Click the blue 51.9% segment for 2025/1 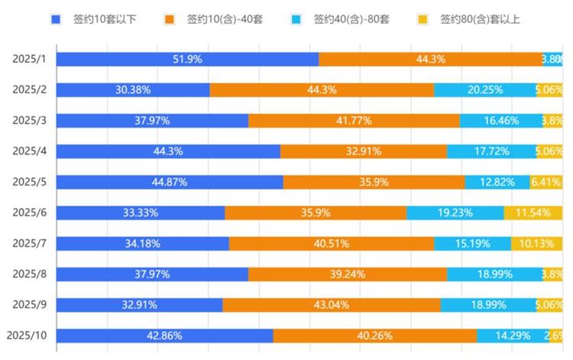pos(187,60)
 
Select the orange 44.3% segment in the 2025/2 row pos(322,90)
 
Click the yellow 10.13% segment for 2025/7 pos(537,244)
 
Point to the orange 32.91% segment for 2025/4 pos(364,151)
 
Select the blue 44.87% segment pos(170,182)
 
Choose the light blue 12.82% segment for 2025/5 pos(497,182)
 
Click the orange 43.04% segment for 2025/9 pos(331,305)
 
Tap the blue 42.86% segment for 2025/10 pos(164,336)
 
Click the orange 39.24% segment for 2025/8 pos(347,274)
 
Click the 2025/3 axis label pos(30,121)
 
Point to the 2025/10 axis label pos(27,336)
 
